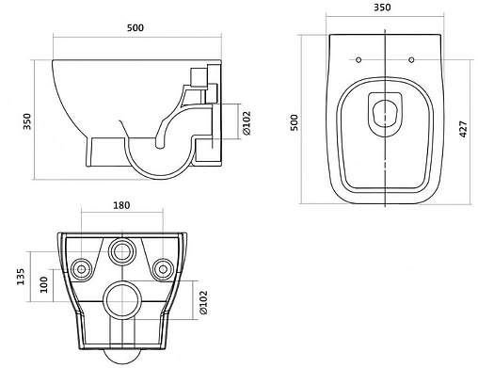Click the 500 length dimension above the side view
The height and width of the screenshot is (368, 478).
[135, 28]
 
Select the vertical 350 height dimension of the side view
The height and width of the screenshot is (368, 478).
[27, 121]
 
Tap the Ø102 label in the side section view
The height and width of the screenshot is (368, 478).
[247, 122]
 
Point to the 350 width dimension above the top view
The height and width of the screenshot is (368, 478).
[382, 8]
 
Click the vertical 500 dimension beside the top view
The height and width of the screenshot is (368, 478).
[294, 122]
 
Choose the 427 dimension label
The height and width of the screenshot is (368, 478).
[463, 129]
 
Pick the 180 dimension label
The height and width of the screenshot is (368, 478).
[121, 205]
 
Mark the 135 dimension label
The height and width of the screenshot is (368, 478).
[20, 277]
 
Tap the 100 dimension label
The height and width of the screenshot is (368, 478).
[44, 284]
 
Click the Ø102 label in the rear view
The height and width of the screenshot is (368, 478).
[203, 302]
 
